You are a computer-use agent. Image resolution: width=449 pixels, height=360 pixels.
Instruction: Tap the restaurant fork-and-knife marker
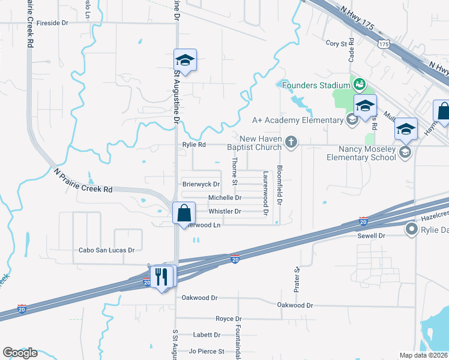coord(161,277)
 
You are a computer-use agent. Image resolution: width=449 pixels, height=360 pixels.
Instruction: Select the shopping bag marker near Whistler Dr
coord(184,213)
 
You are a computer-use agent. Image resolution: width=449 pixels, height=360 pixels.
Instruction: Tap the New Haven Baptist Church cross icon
coord(291,142)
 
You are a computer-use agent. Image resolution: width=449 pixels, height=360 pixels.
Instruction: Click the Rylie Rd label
coord(194,145)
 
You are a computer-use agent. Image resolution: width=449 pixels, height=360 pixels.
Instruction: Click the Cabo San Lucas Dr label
coord(107,250)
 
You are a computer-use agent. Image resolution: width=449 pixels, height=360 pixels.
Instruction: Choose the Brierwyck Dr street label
coord(201,184)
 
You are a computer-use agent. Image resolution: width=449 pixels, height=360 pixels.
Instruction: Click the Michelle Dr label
coord(224,197)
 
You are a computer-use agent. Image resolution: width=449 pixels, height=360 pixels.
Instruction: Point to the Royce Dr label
coord(228,319)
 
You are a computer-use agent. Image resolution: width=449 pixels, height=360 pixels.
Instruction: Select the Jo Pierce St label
coord(206,351)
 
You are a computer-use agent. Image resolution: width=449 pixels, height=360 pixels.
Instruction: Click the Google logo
coord(20,353)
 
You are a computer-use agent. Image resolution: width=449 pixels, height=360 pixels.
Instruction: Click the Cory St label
coord(337,43)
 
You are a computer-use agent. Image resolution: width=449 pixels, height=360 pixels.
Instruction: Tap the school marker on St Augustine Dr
coord(185,61)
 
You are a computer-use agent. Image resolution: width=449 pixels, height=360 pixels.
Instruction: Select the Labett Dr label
coord(206,335)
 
